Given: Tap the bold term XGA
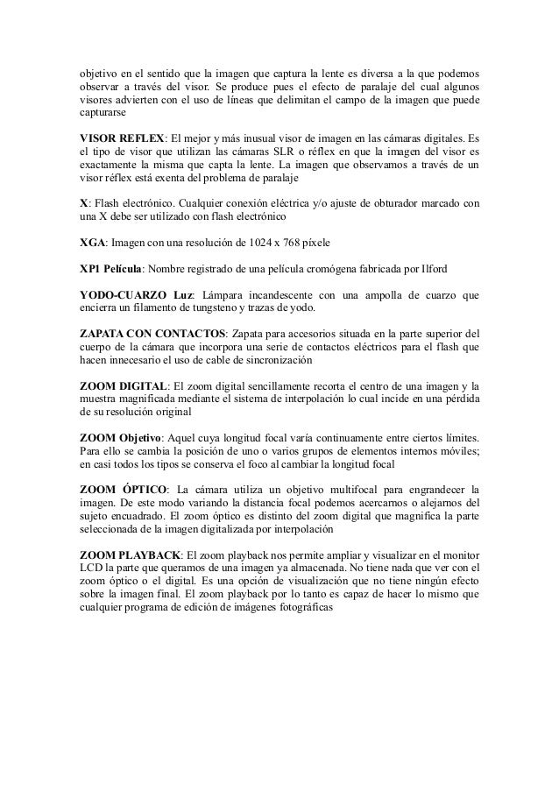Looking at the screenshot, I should [x=93, y=241].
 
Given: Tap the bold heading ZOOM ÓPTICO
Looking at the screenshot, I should [x=120, y=489].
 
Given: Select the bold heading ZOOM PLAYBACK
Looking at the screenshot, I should [x=129, y=554].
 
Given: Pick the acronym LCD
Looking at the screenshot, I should [x=89, y=568].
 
